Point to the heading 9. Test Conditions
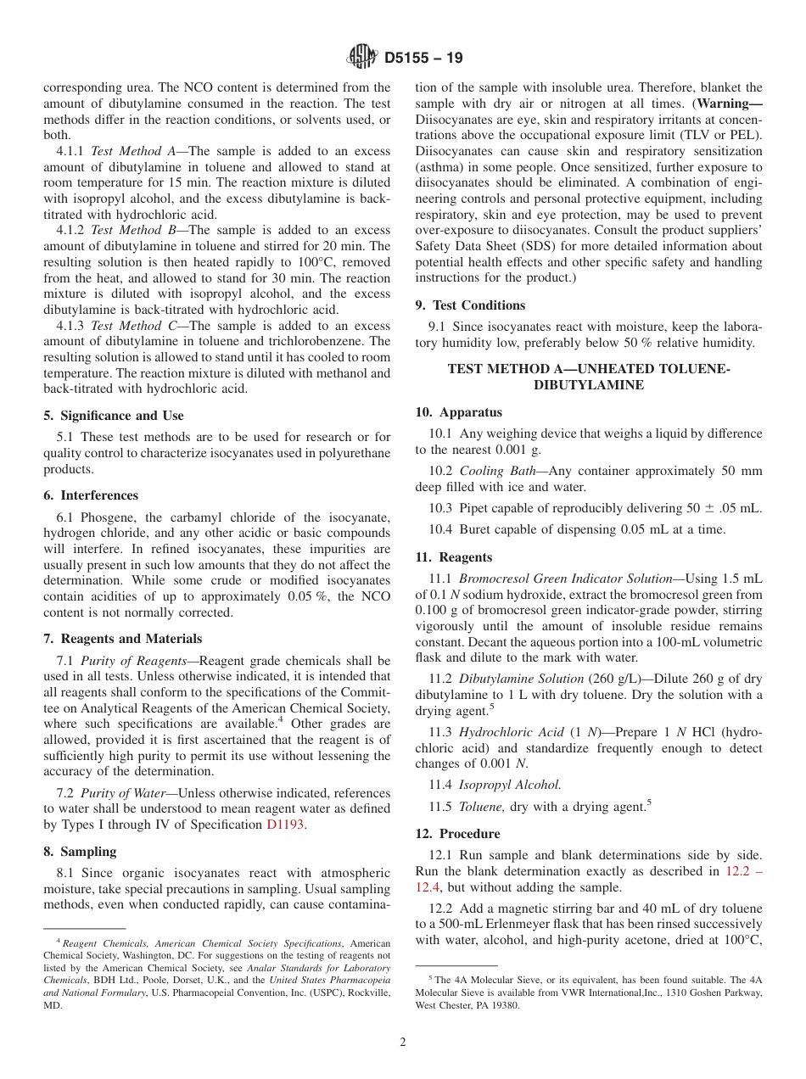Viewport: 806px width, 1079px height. pyautogui.click(x=470, y=305)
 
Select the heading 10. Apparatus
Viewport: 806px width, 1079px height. pyautogui.click(x=458, y=412)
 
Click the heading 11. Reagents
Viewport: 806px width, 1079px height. pyautogui.click(x=453, y=557)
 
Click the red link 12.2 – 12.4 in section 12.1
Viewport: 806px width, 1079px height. pyautogui.click(x=744, y=871)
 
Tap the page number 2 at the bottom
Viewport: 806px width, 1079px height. pyautogui.click(x=403, y=1043)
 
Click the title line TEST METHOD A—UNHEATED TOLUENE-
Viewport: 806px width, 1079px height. pyautogui.click(x=588, y=369)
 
